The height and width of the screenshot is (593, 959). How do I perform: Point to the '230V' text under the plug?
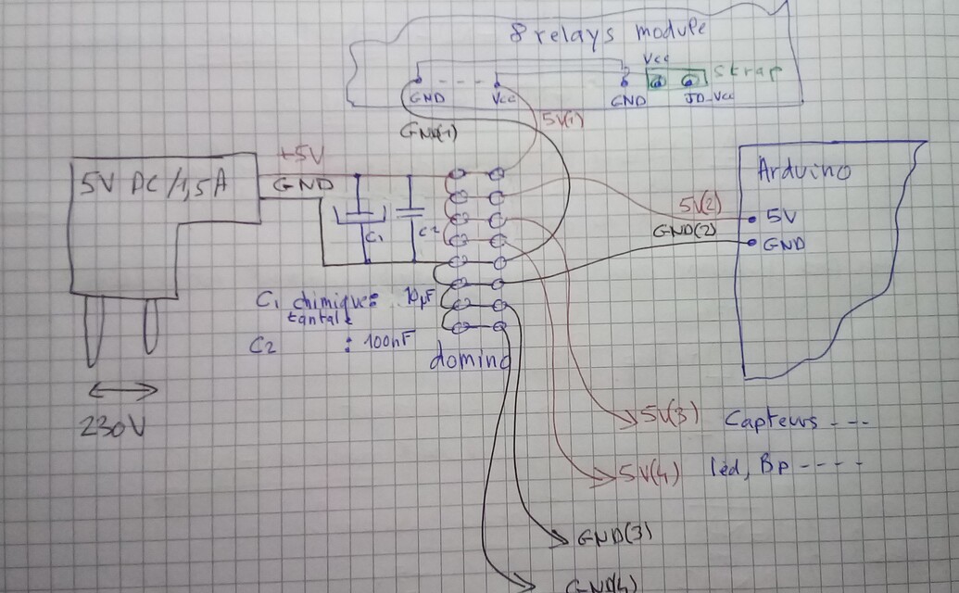tap(114, 427)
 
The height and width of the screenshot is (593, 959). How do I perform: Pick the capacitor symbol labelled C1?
tap(353, 215)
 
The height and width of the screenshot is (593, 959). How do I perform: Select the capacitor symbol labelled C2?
tap(408, 210)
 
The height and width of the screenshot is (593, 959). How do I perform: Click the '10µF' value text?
tap(417, 298)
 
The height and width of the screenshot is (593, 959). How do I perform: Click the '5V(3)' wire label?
tap(662, 420)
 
